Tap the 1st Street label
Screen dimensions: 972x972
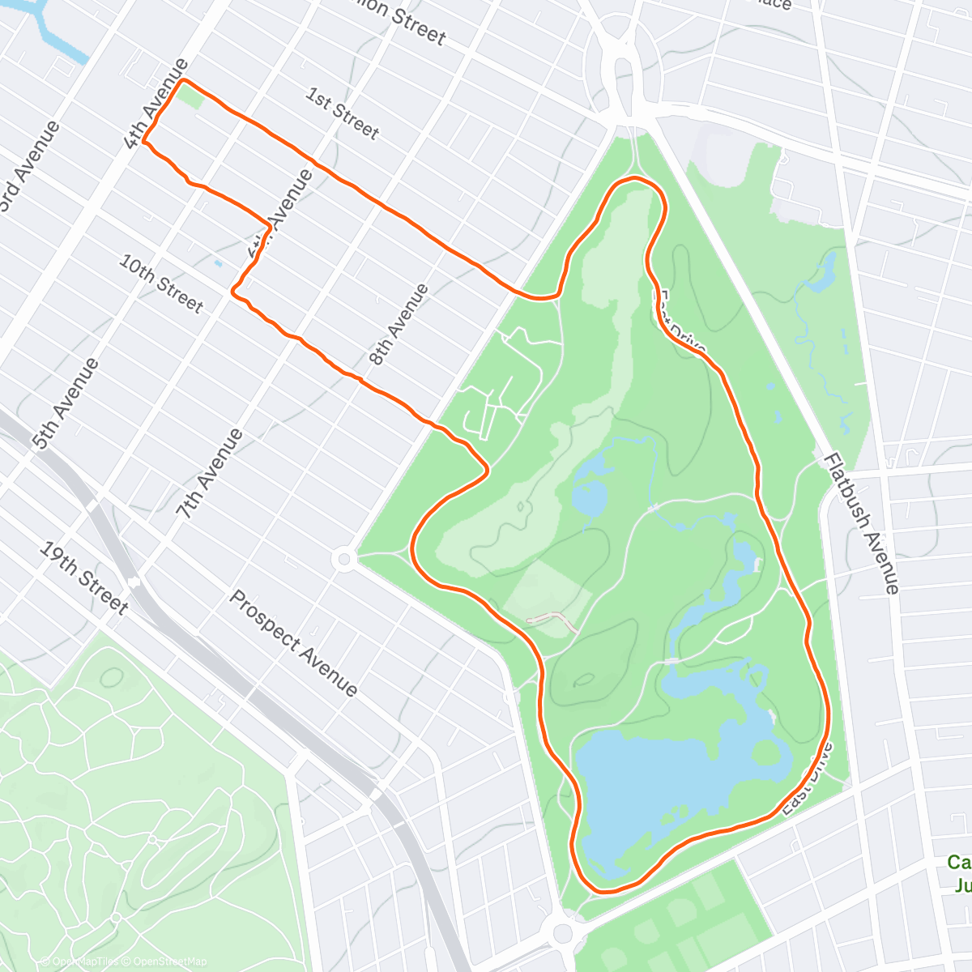pos(342,113)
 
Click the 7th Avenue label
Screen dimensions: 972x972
pos(210,474)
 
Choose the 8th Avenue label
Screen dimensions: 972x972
pos(398,324)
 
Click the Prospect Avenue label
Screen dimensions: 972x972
pos(293,643)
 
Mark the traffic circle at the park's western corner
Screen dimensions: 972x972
pos(344,558)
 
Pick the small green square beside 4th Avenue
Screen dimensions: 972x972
pos(191,96)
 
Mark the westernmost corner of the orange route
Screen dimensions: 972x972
pos(145,141)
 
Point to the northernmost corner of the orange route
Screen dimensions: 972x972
pos(185,80)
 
